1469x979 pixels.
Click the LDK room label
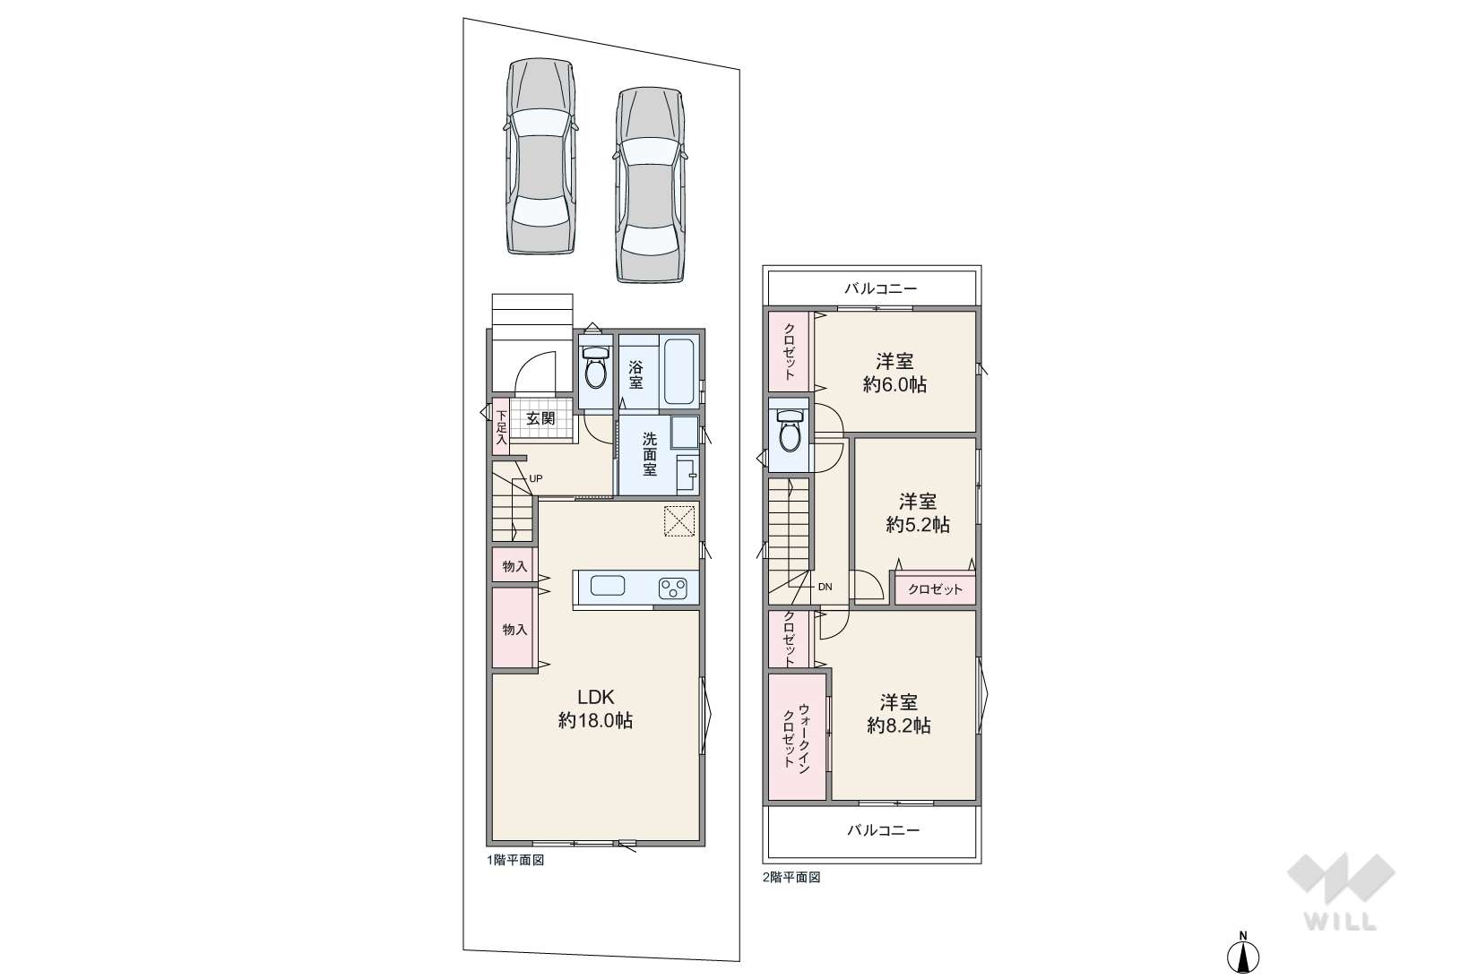click(x=595, y=697)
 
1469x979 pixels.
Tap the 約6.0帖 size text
click(x=894, y=384)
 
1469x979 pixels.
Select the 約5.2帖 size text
click(x=918, y=525)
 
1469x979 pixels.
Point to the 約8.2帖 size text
click(x=898, y=726)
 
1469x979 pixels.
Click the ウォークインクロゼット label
click(x=796, y=736)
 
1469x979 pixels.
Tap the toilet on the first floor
click(x=595, y=367)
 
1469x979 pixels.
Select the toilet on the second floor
click(x=788, y=431)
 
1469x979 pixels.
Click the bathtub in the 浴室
click(x=678, y=372)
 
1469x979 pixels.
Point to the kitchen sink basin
click(x=608, y=585)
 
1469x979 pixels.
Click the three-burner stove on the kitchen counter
click(x=673, y=588)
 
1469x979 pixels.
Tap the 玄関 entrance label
click(x=540, y=418)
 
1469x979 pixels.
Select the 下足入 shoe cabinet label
click(x=501, y=427)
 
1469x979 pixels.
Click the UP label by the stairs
click(x=536, y=478)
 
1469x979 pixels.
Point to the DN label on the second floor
click(x=825, y=587)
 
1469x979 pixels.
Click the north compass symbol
click(x=1243, y=953)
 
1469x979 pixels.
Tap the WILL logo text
click(x=1341, y=922)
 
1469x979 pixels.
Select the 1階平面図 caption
click(x=515, y=861)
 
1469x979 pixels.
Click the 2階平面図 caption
click(x=791, y=878)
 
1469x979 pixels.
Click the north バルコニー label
click(x=881, y=288)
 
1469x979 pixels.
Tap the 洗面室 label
click(x=649, y=453)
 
